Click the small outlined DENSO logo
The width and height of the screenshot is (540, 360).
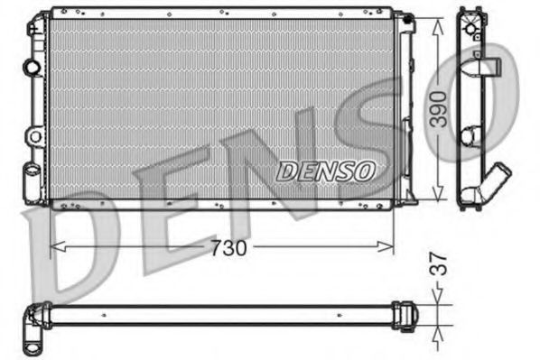tap(325, 170)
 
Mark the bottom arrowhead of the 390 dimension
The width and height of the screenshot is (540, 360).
tap(437, 196)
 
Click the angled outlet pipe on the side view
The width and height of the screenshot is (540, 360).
tap(496, 177)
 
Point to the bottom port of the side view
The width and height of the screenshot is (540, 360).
tap(471, 195)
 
